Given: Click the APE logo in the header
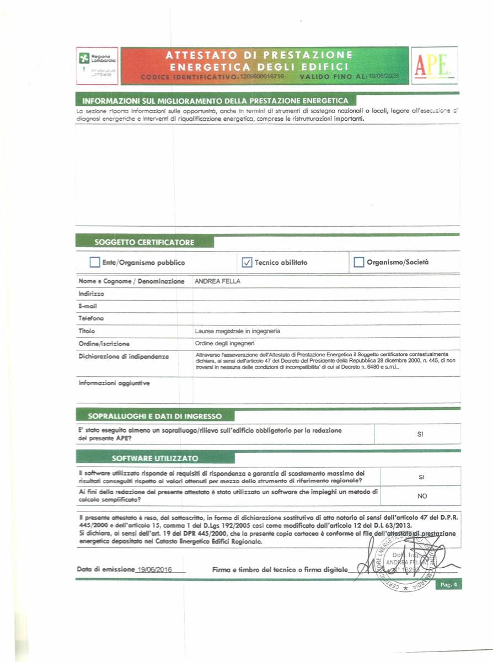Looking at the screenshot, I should click(433, 65).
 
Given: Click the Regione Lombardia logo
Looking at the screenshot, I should click(97, 65).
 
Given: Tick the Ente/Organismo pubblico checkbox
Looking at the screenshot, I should click(95, 262).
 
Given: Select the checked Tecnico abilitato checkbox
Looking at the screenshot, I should click(247, 262).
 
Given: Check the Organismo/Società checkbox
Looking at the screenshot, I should click(358, 262).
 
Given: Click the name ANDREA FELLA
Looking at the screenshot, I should click(218, 281).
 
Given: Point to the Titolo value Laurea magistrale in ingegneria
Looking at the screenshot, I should click(238, 331).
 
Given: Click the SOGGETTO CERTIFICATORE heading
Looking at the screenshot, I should click(144, 242).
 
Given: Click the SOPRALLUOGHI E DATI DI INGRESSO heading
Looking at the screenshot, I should click(155, 416).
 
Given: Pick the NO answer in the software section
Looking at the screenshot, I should click(422, 496).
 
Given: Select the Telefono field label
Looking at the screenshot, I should click(91, 318).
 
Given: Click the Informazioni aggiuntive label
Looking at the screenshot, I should click(114, 382).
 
